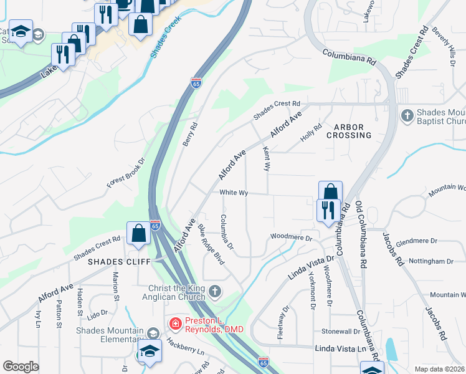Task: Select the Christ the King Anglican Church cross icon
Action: [x=214, y=290]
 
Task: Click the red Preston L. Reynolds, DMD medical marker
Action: [x=176, y=324]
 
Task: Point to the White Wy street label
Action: [x=234, y=193]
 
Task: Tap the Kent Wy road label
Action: [x=267, y=160]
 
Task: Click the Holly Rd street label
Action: [x=310, y=132]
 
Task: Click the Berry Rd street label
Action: [x=189, y=133]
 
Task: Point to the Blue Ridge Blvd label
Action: [x=211, y=244]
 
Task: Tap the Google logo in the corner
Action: [x=21, y=367]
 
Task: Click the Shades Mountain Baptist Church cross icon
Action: [x=407, y=115]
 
